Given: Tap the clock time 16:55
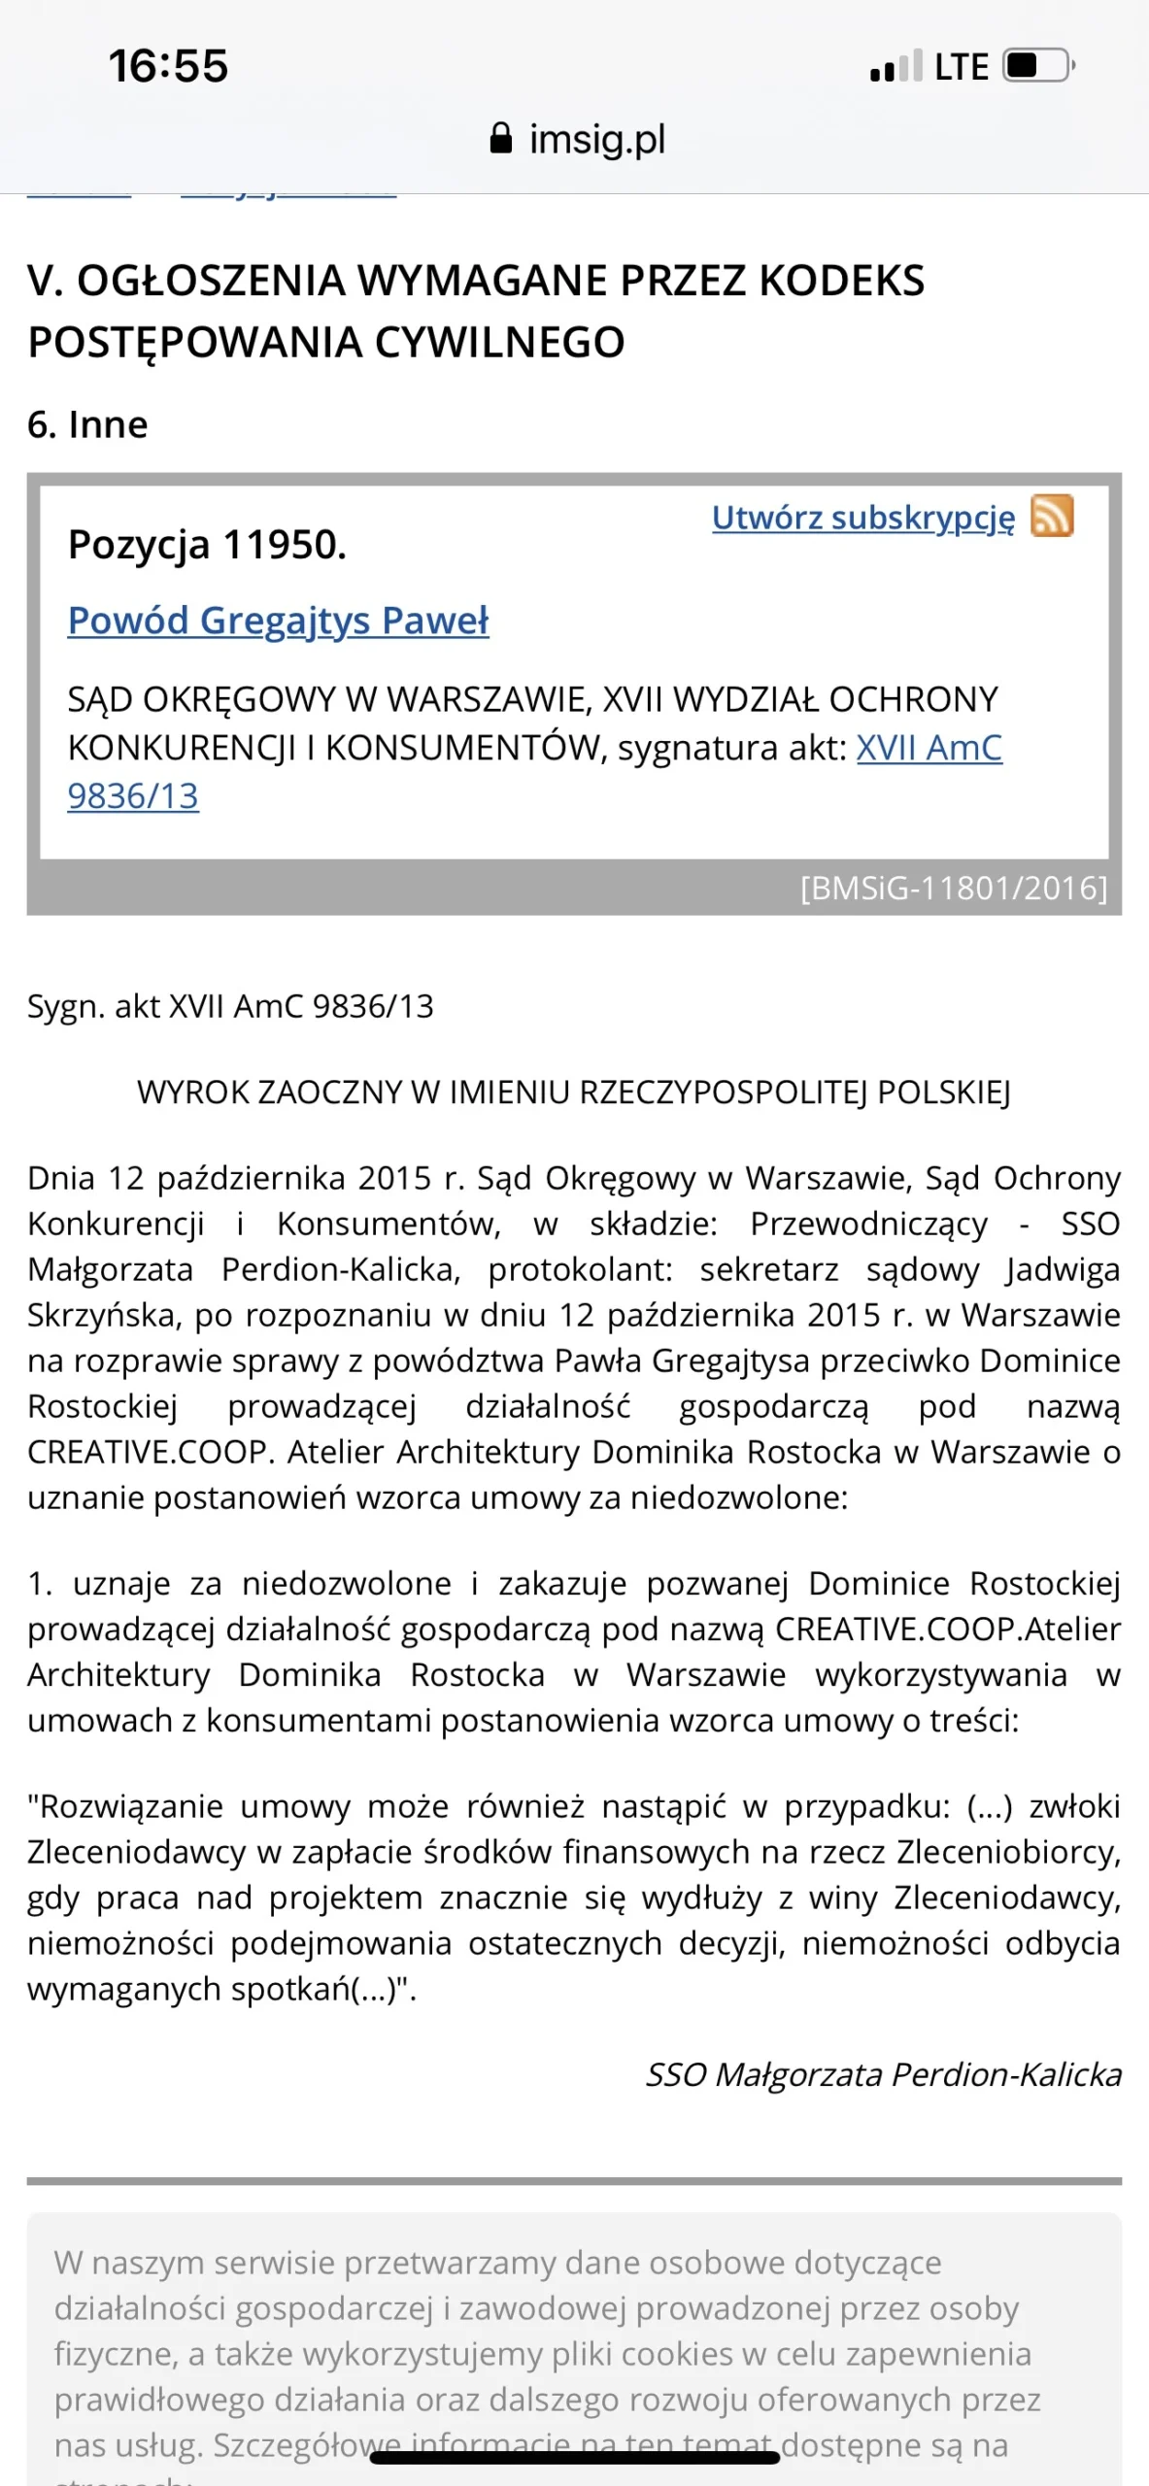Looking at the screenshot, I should pyautogui.click(x=168, y=66).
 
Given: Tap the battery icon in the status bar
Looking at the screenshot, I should pyautogui.click(x=1037, y=66).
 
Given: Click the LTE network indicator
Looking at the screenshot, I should pyautogui.click(x=961, y=67).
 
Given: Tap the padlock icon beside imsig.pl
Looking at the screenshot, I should pyautogui.click(x=500, y=138).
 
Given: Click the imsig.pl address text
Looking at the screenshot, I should pyautogui.click(x=596, y=139).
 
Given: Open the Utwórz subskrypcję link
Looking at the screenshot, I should pyautogui.click(x=862, y=518).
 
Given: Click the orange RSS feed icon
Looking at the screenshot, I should pyautogui.click(x=1052, y=516).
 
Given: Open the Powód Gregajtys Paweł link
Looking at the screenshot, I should pyautogui.click(x=278, y=621).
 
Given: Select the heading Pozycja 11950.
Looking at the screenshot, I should pyautogui.click(x=207, y=545).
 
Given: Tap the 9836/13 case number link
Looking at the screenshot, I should pyautogui.click(x=133, y=796).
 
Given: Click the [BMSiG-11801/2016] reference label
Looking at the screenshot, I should pyautogui.click(x=954, y=888).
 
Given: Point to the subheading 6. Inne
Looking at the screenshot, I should pyautogui.click(x=87, y=424).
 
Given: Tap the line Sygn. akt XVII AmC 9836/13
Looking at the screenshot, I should pyautogui.click(x=230, y=1006).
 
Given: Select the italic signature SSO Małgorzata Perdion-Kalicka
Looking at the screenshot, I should pyautogui.click(x=883, y=2074).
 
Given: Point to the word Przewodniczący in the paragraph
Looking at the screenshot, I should pyautogui.click(x=868, y=1224).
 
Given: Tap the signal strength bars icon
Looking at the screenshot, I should pyautogui.click(x=896, y=66).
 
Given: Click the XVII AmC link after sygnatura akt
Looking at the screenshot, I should pyautogui.click(x=929, y=748).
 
